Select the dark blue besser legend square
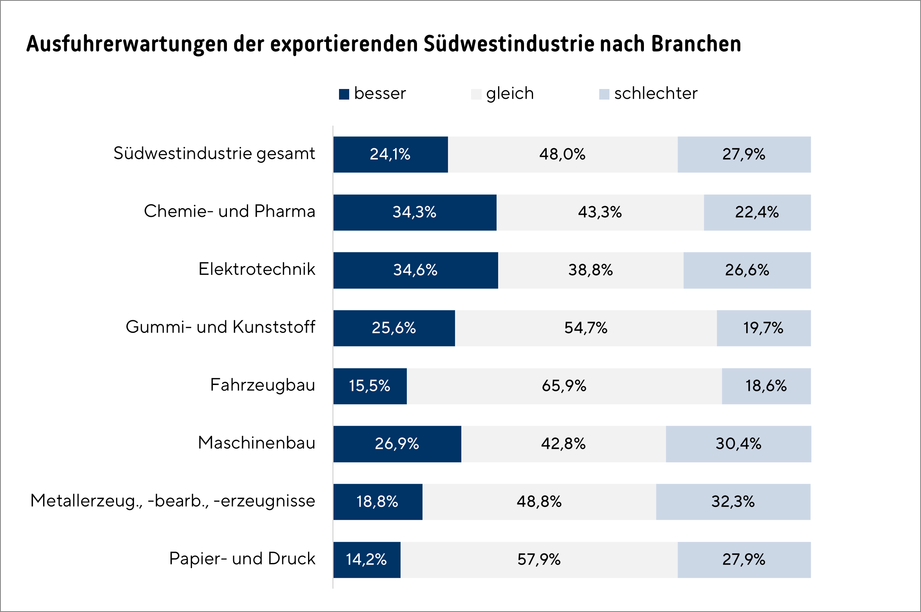344,94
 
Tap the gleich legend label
510,94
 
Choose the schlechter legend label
656,94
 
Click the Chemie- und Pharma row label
229,212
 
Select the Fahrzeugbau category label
262,385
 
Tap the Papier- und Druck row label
242,559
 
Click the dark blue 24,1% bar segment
390,154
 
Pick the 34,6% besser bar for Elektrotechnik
415,270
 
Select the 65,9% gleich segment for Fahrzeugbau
564,386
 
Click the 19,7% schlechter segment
763,328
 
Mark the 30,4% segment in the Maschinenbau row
738,444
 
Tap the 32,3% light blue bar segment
733,502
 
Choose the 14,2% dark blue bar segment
366,560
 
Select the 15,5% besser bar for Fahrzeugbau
370,386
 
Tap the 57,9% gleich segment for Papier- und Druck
539,560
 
